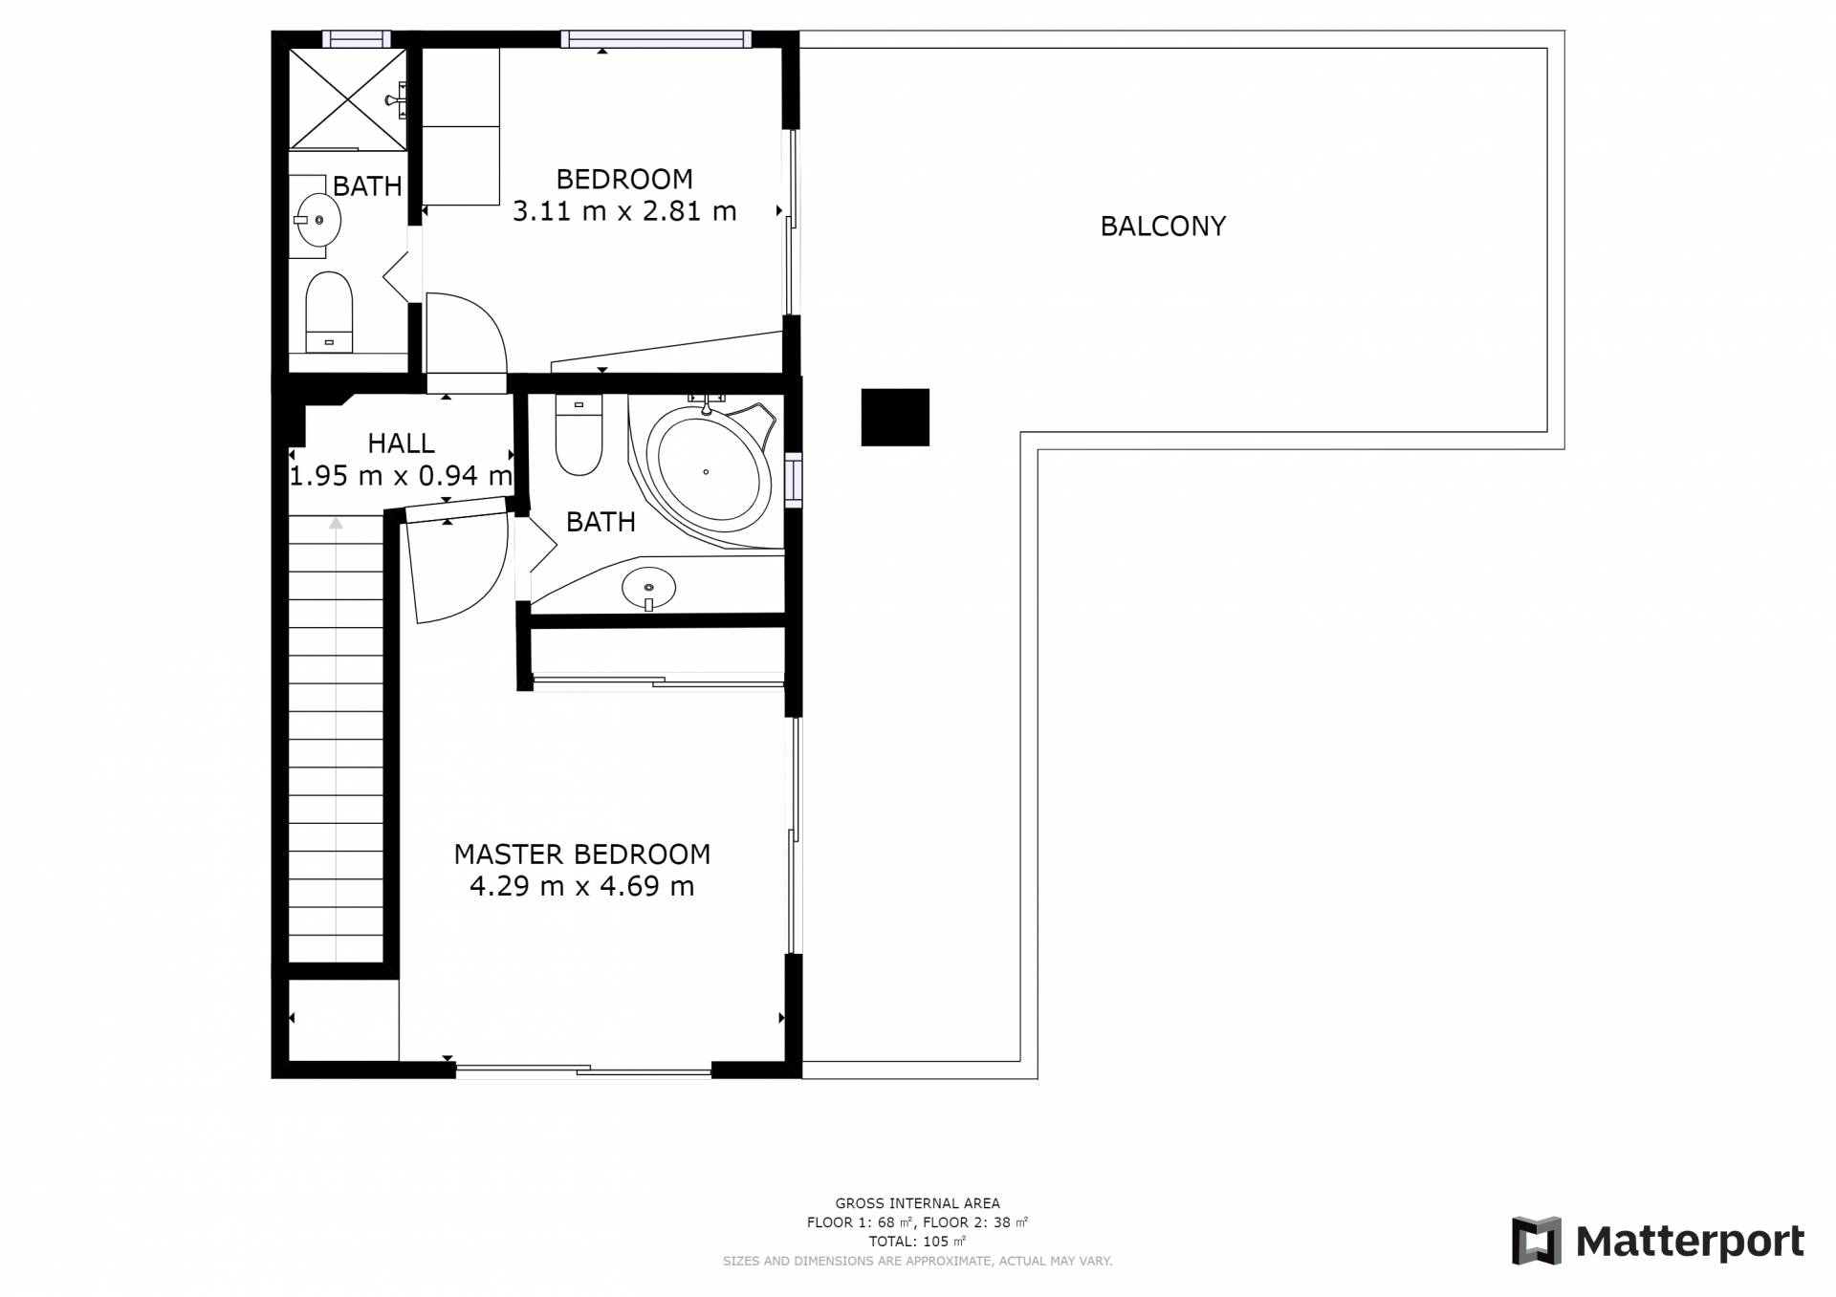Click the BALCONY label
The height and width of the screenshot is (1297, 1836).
tap(1163, 227)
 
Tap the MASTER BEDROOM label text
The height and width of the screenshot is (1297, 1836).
tap(581, 854)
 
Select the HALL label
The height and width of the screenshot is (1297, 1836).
tap(401, 443)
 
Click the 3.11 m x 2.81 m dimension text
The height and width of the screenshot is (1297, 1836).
tap(624, 211)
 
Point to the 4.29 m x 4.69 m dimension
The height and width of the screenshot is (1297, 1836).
tap(581, 886)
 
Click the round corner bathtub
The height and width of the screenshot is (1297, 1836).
tap(709, 471)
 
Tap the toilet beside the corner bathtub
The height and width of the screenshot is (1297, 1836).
tap(579, 435)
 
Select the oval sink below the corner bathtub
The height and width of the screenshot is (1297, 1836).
tap(648, 588)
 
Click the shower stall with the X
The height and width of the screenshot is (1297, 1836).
tap(348, 99)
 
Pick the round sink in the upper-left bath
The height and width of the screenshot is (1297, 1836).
tap(317, 220)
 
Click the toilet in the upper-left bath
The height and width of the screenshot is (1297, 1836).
tap(329, 313)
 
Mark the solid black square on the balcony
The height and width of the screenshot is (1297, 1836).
tap(895, 417)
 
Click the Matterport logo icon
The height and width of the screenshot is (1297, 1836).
tap(1536, 1241)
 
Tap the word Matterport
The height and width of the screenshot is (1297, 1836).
tap(1690, 1242)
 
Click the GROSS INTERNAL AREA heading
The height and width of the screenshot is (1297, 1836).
tap(917, 1203)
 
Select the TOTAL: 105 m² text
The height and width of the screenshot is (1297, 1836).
tap(917, 1242)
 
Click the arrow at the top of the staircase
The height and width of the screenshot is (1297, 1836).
tap(336, 523)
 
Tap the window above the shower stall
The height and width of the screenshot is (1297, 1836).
tap(356, 39)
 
